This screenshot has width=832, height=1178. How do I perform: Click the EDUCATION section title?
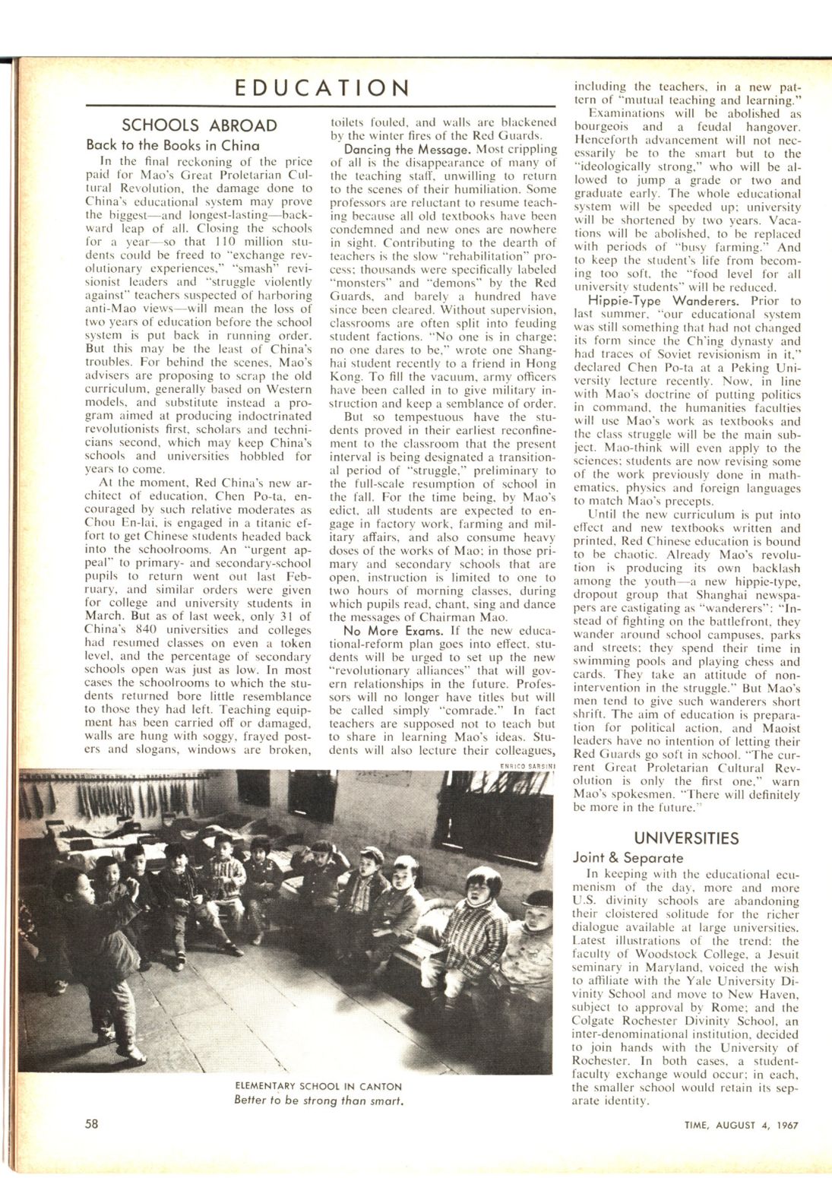pos(322,87)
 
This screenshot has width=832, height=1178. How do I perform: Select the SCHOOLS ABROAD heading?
pos(200,125)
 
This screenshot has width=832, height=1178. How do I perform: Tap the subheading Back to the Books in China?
pos(172,144)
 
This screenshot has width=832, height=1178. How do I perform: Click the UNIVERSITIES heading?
pos(686,838)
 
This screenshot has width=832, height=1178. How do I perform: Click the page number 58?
pos(92,1123)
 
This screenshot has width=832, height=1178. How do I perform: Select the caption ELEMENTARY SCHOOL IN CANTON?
pos(318,1086)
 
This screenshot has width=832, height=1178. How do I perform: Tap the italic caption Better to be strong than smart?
pos(318,1100)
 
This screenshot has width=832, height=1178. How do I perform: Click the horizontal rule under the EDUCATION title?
pos(322,106)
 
